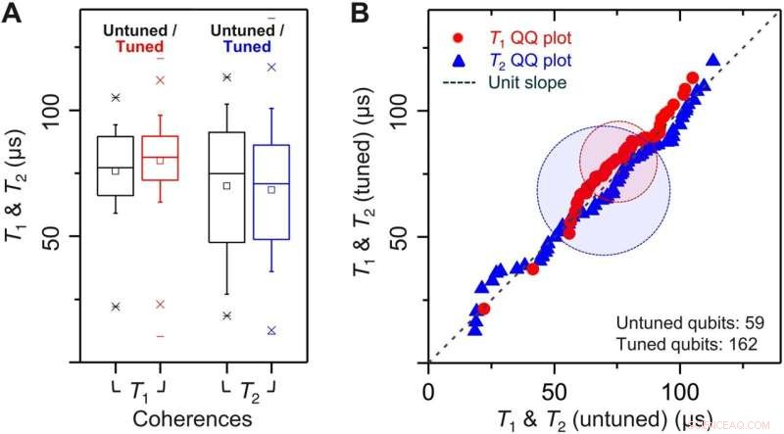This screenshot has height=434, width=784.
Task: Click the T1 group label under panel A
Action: tap(141, 390)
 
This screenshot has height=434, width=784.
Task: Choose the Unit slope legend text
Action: tap(524, 82)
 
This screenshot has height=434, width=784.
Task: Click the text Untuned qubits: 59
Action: tap(683, 322)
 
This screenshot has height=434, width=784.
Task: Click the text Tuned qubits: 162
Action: tap(683, 343)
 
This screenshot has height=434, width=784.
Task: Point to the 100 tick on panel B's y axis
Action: tap(403, 110)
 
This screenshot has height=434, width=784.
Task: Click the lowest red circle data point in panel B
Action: tap(483, 309)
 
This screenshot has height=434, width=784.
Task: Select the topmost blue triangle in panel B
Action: tap(712, 60)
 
